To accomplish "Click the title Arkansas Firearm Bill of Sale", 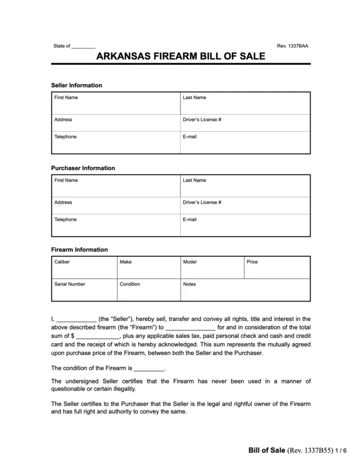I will click(x=180, y=57).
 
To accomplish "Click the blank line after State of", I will click(x=84, y=46).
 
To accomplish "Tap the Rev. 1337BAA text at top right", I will click(x=293, y=46).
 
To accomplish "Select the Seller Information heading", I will click(x=76, y=85).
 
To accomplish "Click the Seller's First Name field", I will click(x=115, y=103).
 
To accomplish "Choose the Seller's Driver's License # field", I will click(x=245, y=123).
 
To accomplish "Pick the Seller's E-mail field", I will click(x=245, y=142).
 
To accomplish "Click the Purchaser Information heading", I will click(x=83, y=168).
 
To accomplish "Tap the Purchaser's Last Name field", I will click(x=245, y=186).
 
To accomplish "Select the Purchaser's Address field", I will click(x=115, y=206).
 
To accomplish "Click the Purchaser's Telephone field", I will click(x=115, y=225).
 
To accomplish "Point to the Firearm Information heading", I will click(x=79, y=250).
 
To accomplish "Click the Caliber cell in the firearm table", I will click(x=84, y=268).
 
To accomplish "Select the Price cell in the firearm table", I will click(x=277, y=268).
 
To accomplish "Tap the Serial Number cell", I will click(x=84, y=290).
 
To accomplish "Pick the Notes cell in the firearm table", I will click(x=245, y=290).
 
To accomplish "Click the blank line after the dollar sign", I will click(x=97, y=337).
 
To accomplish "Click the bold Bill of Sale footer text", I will click(x=267, y=451).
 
